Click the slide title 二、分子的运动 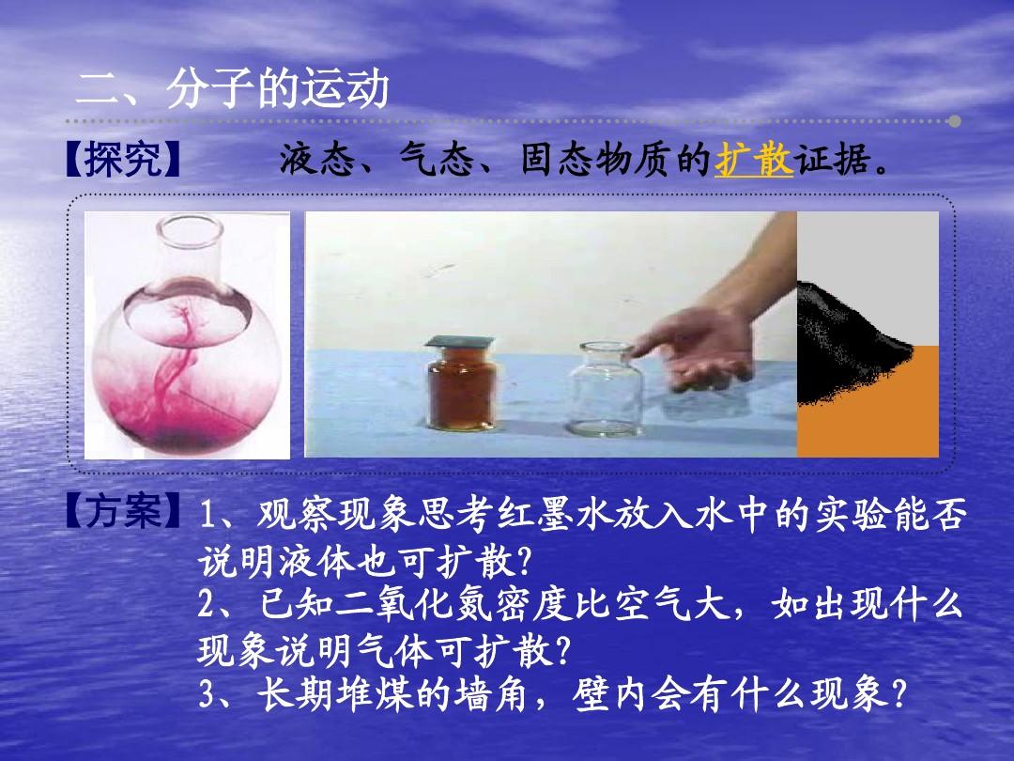point(233,88)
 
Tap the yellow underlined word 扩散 point(753,159)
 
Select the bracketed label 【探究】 point(122,159)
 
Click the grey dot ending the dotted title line point(955,121)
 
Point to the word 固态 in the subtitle point(558,159)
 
